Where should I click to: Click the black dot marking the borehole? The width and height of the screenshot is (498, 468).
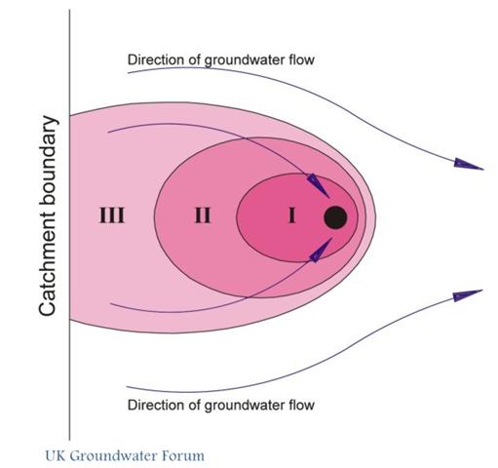tap(335, 217)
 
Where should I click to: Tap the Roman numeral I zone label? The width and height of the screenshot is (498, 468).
tap(292, 215)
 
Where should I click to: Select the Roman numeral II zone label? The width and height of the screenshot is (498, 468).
tap(203, 215)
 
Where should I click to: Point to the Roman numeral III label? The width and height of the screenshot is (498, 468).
tap(111, 215)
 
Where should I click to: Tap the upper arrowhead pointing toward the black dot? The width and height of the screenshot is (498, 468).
tap(318, 185)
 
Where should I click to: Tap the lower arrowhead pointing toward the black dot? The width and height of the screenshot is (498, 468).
tap(321, 250)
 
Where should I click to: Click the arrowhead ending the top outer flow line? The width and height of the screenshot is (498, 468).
tap(469, 164)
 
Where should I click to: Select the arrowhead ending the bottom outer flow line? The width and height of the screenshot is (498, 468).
tap(468, 295)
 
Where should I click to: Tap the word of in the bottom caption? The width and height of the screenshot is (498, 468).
tap(191, 405)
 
